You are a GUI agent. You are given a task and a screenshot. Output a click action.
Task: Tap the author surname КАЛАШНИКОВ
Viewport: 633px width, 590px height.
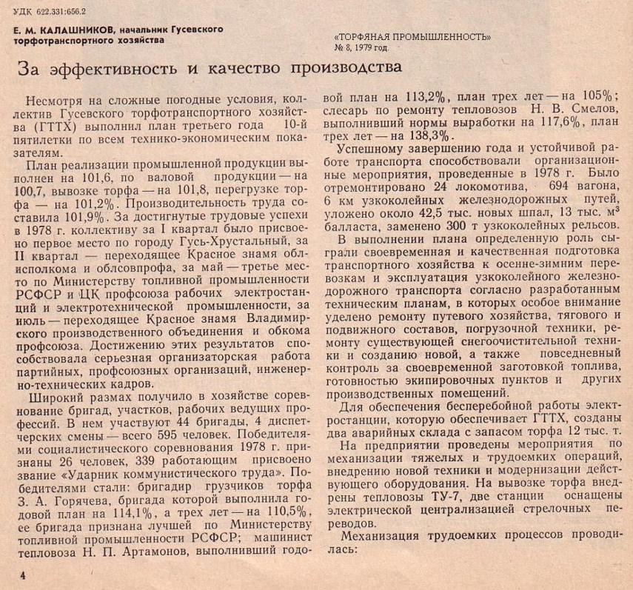pos(74,30)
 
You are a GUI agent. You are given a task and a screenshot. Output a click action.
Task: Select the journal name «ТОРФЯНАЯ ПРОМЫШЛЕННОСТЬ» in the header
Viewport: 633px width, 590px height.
pos(412,36)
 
